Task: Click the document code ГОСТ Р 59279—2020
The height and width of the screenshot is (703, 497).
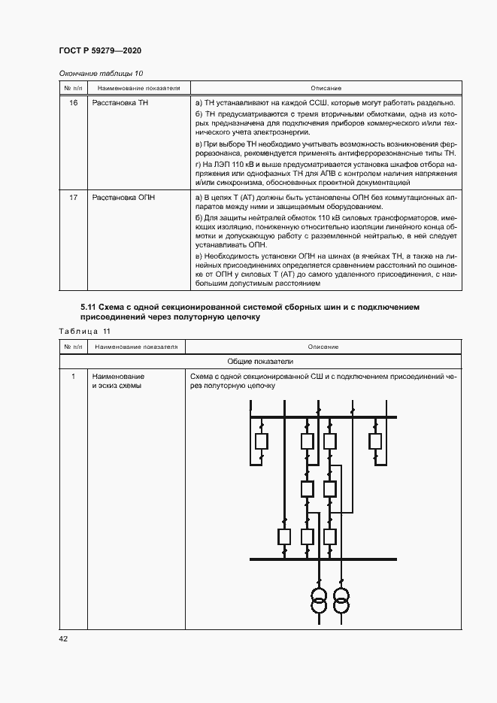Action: [100, 50]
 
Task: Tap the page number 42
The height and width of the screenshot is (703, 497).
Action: [63, 638]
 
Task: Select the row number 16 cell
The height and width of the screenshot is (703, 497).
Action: [73, 102]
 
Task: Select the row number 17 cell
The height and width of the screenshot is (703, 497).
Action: [73, 197]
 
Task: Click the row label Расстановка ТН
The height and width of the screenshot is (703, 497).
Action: [120, 102]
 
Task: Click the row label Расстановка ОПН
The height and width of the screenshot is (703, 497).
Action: [123, 197]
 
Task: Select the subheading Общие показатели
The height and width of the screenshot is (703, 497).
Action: [260, 361]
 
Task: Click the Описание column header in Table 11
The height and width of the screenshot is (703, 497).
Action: [323, 347]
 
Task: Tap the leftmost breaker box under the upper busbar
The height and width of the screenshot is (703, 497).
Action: [261, 441]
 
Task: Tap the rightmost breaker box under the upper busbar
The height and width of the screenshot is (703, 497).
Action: [374, 441]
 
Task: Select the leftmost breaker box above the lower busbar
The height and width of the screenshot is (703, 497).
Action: [284, 536]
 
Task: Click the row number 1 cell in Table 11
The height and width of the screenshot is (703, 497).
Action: [73, 376]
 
